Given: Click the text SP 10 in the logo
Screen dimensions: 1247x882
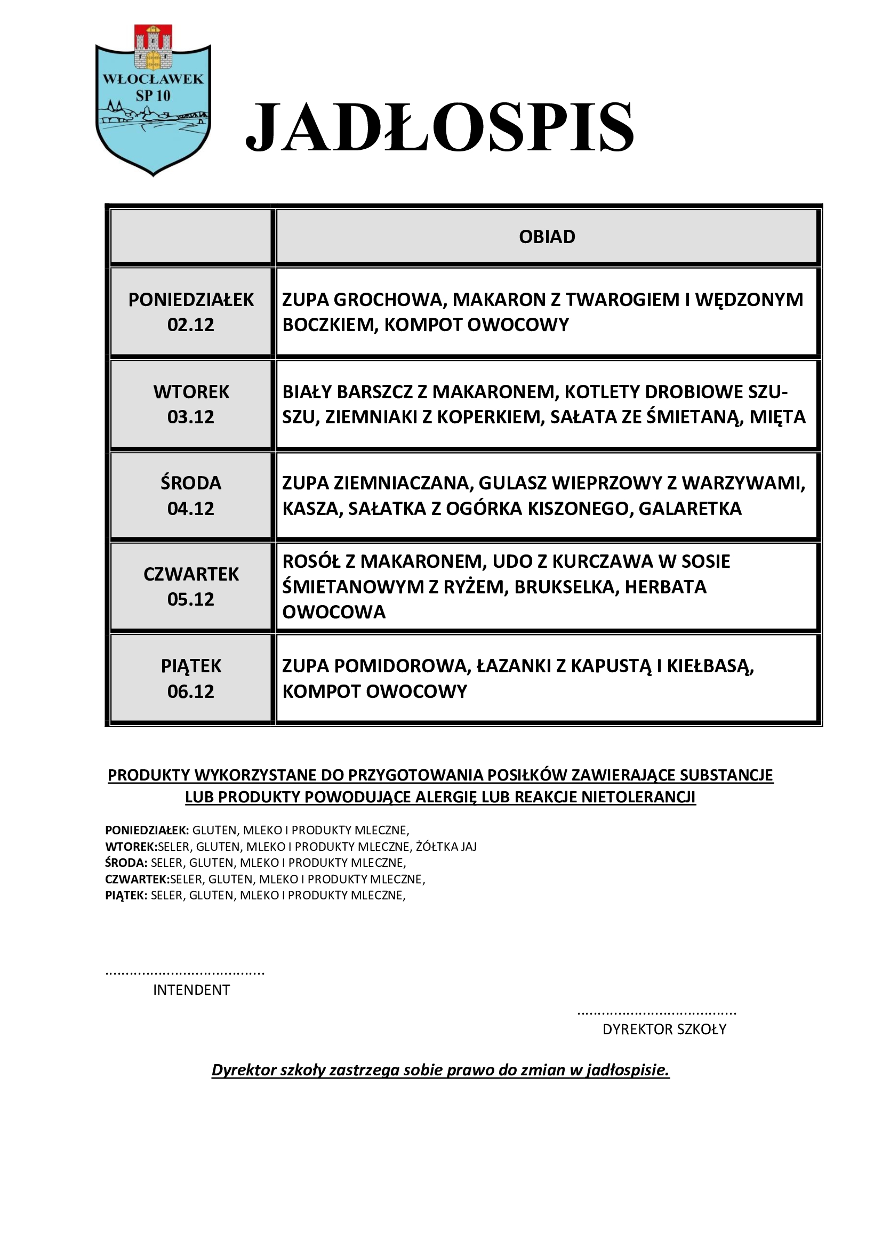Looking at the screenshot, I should [x=153, y=95].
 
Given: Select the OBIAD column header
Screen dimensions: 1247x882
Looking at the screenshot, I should [x=547, y=237].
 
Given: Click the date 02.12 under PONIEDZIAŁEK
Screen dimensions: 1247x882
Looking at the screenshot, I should [x=190, y=325].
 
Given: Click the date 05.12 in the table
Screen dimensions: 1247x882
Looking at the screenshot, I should [x=190, y=599].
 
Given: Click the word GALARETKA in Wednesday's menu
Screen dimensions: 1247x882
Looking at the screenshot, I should [x=690, y=509].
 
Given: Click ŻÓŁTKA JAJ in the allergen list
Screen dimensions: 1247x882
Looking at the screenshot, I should [x=446, y=847].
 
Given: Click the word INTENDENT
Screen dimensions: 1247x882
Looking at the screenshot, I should [x=191, y=990].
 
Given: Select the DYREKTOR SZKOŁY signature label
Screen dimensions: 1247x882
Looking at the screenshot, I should [x=664, y=1029].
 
